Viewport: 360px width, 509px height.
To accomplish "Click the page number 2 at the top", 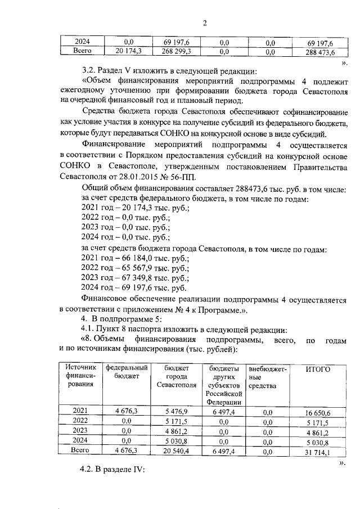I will (x=205, y=23).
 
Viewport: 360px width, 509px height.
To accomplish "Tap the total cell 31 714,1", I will (x=318, y=452).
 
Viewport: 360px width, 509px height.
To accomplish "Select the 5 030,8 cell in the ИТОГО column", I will (x=318, y=442).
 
